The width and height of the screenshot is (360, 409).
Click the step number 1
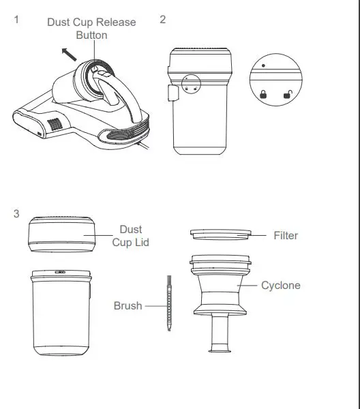(16, 20)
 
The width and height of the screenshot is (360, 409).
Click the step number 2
(162, 19)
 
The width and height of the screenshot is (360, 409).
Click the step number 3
(16, 214)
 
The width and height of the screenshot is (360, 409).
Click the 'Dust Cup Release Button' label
(91, 28)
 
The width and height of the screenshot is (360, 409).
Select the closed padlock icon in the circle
(262, 95)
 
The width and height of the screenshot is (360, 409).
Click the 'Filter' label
(286, 235)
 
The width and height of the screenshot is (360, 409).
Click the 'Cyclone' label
(280, 285)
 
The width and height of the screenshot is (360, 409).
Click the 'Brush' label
(127, 306)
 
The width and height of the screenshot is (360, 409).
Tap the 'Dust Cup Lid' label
(130, 236)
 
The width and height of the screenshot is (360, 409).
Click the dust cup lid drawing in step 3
(60, 235)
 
